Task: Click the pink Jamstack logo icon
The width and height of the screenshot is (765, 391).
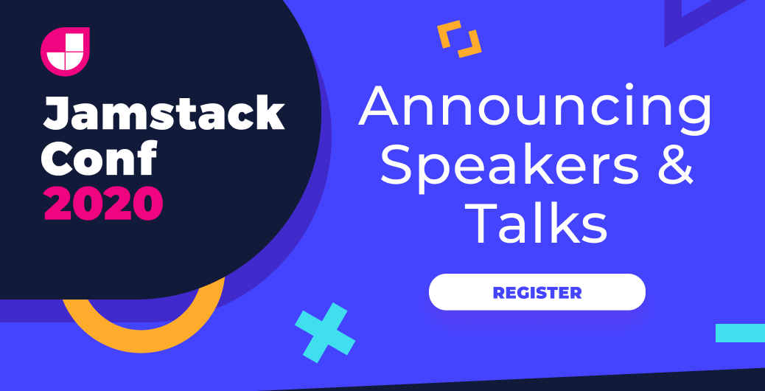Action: (x=65, y=51)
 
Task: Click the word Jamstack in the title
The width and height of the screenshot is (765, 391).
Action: (x=163, y=115)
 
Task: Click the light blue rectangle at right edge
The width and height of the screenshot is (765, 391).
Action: (x=740, y=333)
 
